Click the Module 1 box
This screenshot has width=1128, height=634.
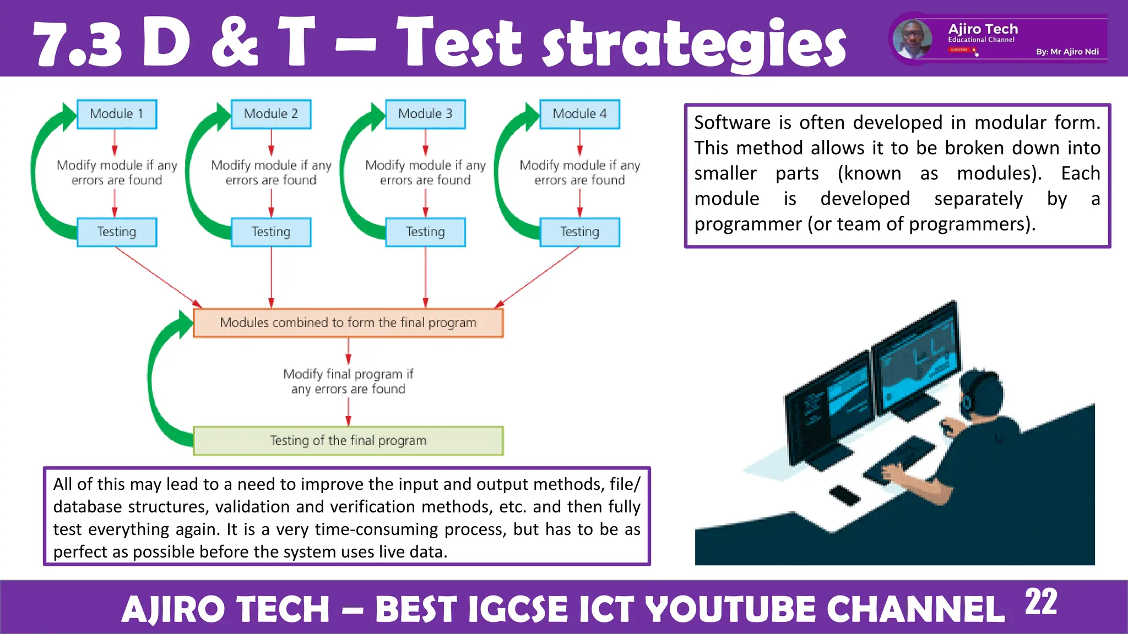click(117, 114)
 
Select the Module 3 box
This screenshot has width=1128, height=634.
click(425, 114)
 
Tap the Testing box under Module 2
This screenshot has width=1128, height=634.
click(271, 232)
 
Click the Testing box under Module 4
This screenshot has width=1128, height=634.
click(579, 232)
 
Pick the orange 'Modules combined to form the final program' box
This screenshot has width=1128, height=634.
click(348, 323)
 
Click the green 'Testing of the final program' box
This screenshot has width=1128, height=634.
click(348, 440)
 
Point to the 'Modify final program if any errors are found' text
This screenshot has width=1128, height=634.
click(348, 381)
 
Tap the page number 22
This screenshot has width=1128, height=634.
click(1040, 602)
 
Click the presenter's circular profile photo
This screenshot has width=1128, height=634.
click(912, 39)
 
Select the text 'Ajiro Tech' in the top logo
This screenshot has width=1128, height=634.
click(983, 29)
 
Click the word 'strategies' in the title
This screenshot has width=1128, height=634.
click(694, 44)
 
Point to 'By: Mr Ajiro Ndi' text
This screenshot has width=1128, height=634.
click(1067, 52)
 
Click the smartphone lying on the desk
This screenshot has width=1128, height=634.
click(844, 495)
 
